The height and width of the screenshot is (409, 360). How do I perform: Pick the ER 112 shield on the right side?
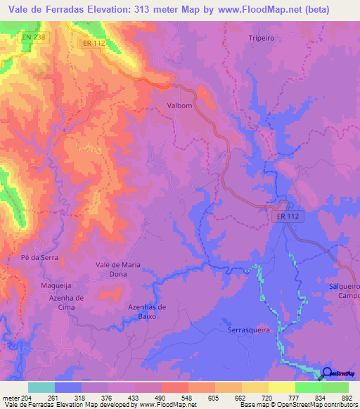click(288, 218)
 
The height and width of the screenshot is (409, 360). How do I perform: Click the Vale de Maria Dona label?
click(121, 269)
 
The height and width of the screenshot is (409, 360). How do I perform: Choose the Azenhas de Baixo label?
click(147, 311)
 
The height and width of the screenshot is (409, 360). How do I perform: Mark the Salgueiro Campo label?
click(344, 292)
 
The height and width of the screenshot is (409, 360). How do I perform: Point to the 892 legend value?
click(346, 397)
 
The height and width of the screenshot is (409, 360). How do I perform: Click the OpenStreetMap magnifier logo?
click(328, 374)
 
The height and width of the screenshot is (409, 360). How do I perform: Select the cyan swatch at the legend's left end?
click(41, 387)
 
